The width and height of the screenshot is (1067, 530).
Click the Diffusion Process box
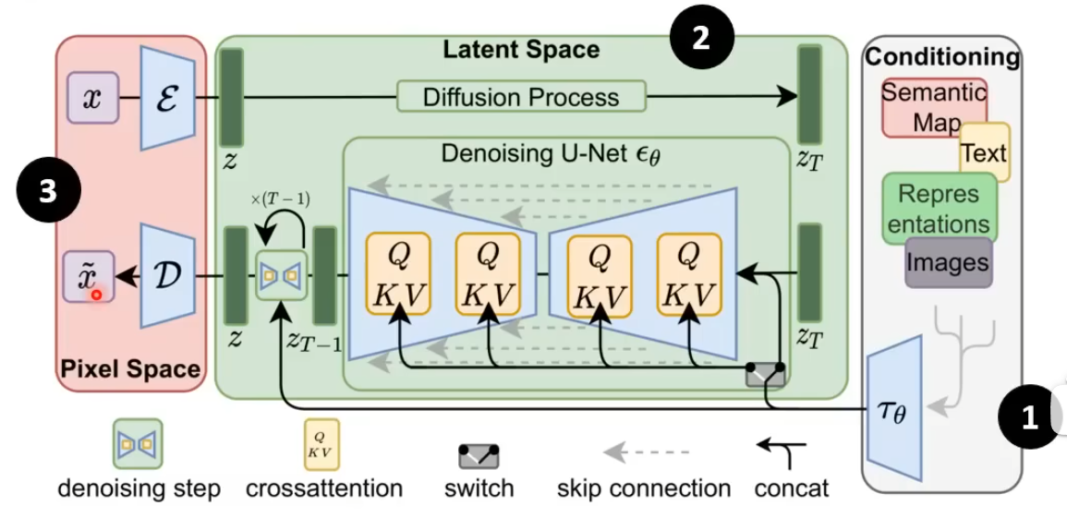click(521, 96)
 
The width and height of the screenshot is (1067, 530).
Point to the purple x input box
click(92, 99)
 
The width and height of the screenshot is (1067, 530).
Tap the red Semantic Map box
click(933, 106)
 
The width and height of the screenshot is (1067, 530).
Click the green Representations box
click(939, 209)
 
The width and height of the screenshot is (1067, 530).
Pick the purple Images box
click(948, 262)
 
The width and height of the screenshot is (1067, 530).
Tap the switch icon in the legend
click(479, 455)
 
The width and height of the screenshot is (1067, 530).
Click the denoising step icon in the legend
click(138, 443)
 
